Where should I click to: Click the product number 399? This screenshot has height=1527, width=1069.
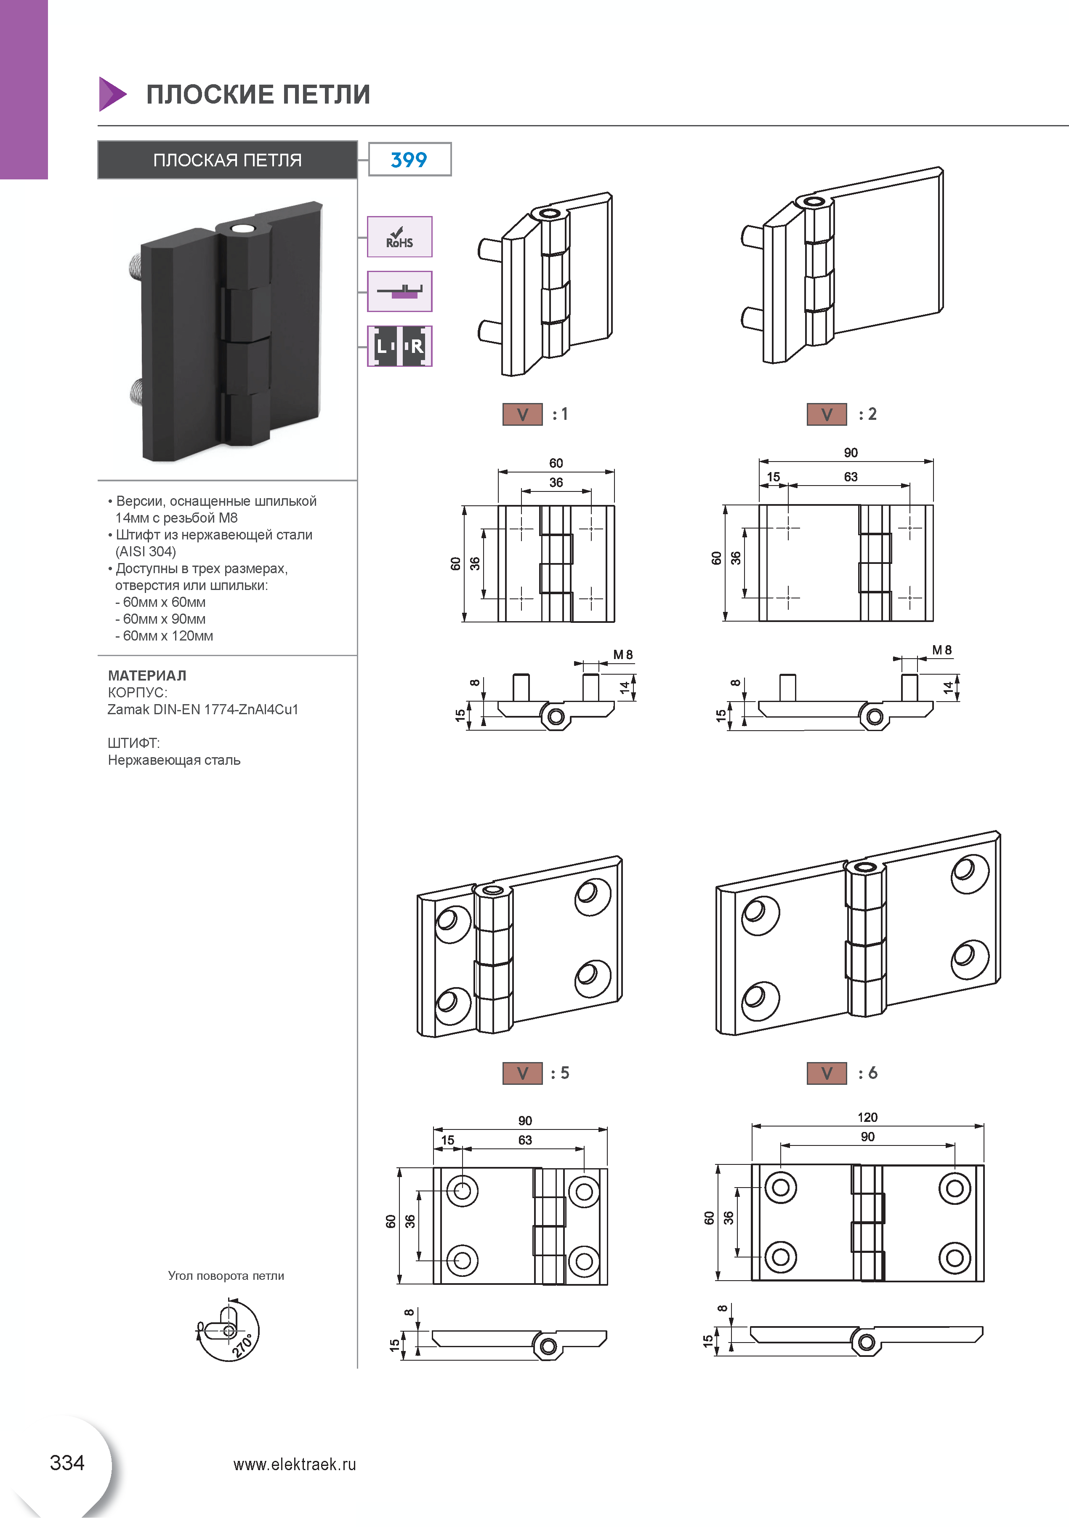coord(409,160)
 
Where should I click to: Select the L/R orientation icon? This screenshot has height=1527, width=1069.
coord(399,346)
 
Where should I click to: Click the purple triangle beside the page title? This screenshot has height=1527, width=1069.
coord(112,94)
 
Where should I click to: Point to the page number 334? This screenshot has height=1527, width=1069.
coord(67,1463)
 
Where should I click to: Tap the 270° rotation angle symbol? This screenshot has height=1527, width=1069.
coord(228,1330)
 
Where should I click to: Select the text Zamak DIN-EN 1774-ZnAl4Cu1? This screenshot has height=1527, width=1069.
coord(203,710)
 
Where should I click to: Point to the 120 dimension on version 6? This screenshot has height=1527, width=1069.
coord(867,1117)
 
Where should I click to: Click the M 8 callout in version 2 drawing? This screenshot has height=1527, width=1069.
coord(941,650)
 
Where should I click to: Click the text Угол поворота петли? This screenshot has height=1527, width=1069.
coord(226,1276)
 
